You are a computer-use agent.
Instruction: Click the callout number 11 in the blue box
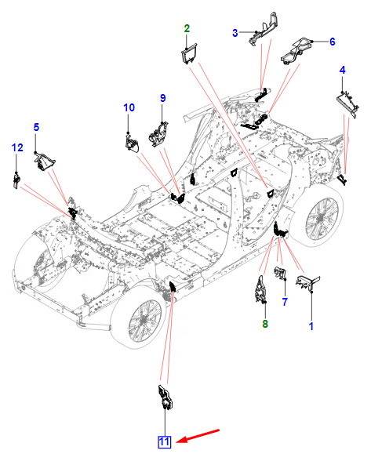click(x=165, y=442)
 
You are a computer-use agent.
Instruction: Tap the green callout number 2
click(x=187, y=28)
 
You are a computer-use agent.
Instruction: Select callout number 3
click(x=235, y=33)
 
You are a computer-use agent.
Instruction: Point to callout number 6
click(x=332, y=42)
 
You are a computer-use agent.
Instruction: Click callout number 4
click(x=343, y=70)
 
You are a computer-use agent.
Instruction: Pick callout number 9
click(x=163, y=98)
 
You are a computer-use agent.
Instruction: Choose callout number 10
click(x=129, y=107)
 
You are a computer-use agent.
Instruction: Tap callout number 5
click(x=36, y=127)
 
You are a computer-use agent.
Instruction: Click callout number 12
click(x=17, y=147)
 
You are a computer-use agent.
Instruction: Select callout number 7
click(x=285, y=302)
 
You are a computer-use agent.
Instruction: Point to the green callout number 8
click(x=265, y=324)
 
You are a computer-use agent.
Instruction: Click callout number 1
click(x=311, y=326)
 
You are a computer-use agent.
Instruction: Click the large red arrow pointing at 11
click(x=198, y=436)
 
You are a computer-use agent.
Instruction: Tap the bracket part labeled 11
click(x=165, y=398)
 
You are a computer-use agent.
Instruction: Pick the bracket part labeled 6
click(x=296, y=50)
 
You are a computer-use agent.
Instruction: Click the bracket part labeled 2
click(x=189, y=53)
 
